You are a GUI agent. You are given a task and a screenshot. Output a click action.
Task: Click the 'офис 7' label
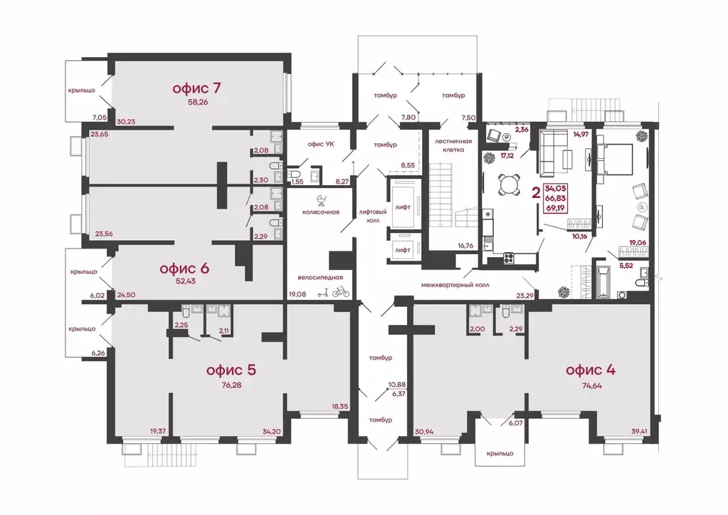196,88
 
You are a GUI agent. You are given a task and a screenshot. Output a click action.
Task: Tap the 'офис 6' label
184,269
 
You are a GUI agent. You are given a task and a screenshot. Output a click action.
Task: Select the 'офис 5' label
231,370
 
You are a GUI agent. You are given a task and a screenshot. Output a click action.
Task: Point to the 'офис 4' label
591,370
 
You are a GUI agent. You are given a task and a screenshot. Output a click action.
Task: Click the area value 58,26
198,102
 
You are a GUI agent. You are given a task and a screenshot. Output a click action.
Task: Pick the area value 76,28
231,385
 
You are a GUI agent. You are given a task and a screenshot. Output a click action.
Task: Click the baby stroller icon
321,200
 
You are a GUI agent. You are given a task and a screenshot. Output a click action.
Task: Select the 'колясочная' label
321,212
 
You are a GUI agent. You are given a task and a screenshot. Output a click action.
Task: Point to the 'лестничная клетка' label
453,145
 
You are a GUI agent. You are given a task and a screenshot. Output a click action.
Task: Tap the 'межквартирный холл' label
455,284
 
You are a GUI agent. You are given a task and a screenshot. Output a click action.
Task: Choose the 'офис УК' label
321,144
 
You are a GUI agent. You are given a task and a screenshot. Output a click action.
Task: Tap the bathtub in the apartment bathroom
602,281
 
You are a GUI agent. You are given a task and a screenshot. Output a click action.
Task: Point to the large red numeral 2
536,193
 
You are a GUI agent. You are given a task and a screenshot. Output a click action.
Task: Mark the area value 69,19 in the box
555,208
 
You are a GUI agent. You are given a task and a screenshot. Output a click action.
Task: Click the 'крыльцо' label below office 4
500,453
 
